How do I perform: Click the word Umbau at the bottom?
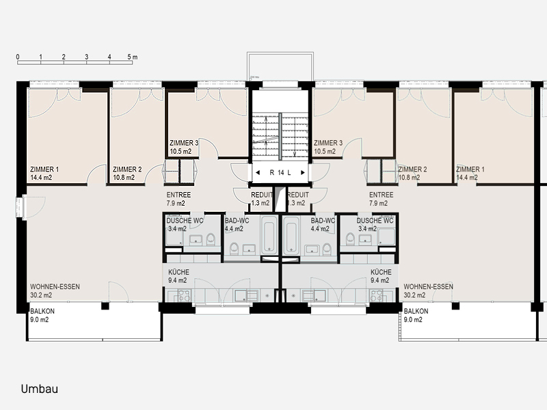pos(40,389)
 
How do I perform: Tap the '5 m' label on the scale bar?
pos(132,57)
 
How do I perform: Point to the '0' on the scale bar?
pos(18,57)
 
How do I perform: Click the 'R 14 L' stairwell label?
pos(280,173)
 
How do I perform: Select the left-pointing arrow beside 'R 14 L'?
pos(258,173)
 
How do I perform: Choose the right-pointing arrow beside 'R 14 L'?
pos(303,173)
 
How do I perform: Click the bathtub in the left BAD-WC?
pos(269,234)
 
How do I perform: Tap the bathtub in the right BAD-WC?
pos(292,234)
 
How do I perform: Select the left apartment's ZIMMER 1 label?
pos(44,169)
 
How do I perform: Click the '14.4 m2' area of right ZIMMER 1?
pos(467,178)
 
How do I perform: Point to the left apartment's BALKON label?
pos(42,311)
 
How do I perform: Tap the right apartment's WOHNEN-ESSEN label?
pos(429,286)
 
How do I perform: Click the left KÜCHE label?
pos(178,272)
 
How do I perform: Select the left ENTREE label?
pos(178,195)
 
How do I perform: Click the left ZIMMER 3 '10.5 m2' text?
pos(181,151)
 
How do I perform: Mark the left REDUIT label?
pos(262,195)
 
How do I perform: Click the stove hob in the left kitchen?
pos(184,296)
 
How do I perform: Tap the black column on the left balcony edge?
pos(105,306)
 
